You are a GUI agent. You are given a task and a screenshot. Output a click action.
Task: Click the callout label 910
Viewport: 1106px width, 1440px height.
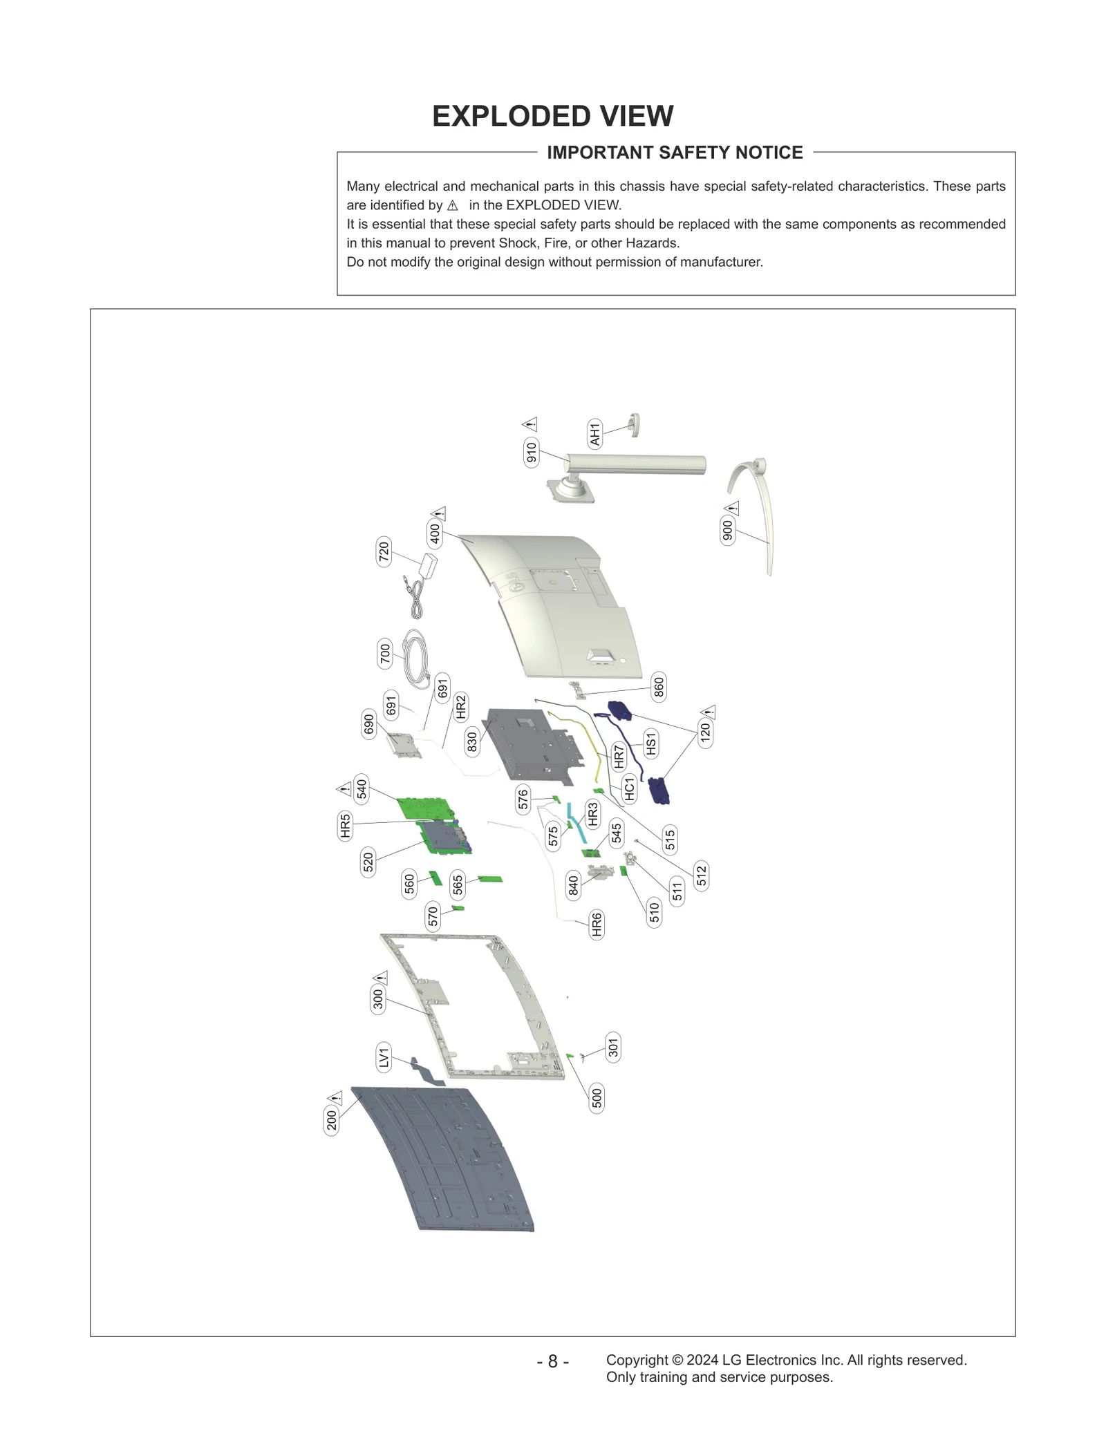(531, 452)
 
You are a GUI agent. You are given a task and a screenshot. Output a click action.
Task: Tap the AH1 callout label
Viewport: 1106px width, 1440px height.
(595, 433)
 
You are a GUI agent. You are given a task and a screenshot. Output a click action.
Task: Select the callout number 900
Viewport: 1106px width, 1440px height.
(727, 530)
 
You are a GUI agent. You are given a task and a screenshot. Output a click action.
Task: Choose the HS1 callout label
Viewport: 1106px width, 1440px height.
(650, 743)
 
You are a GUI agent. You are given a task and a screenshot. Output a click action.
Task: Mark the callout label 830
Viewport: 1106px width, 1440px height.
(472, 741)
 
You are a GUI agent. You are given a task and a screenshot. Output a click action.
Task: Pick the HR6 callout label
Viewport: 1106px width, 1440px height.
(597, 924)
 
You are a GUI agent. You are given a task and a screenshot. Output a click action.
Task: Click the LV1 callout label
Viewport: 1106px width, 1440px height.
(384, 1058)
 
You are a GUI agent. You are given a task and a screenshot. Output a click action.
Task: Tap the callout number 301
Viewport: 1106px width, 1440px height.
(613, 1048)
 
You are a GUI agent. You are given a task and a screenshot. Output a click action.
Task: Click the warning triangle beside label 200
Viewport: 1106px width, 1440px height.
(335, 1097)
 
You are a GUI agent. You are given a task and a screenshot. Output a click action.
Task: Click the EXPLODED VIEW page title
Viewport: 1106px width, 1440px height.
(552, 116)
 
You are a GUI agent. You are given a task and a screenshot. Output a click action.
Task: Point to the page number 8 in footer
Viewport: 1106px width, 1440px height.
(552, 1361)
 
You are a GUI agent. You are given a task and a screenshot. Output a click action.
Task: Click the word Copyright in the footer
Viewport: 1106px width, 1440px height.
(637, 1360)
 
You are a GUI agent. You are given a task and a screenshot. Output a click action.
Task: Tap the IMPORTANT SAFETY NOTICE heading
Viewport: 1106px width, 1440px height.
(675, 153)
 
